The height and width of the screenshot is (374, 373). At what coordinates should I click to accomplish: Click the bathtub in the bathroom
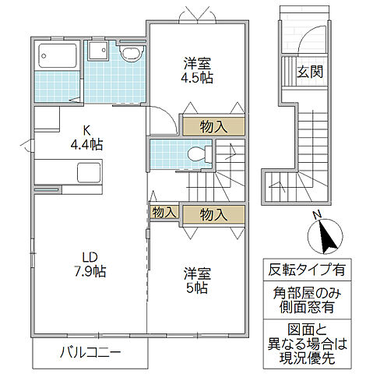(58, 55)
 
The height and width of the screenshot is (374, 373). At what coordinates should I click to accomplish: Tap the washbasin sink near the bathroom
(132, 54)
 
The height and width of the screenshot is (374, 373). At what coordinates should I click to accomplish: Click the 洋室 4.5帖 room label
(197, 70)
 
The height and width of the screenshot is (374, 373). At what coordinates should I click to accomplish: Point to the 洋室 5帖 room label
(197, 280)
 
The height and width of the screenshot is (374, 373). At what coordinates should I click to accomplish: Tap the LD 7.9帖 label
(90, 264)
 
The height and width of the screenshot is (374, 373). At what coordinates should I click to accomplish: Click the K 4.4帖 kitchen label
(86, 138)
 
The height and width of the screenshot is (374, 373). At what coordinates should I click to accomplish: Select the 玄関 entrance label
(310, 72)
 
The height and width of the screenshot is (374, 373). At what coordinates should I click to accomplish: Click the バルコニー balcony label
(90, 352)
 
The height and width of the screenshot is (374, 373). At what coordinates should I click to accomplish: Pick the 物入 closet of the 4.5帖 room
(213, 126)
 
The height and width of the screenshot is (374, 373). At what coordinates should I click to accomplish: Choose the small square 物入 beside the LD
(164, 213)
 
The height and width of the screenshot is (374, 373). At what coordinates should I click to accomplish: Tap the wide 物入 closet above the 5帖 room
(213, 214)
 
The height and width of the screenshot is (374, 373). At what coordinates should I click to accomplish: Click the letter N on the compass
(317, 215)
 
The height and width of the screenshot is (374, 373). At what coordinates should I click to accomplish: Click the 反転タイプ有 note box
(307, 270)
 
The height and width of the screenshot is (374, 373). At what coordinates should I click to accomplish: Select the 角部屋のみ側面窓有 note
(307, 300)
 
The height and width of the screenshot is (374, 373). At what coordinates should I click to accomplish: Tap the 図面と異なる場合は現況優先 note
(307, 344)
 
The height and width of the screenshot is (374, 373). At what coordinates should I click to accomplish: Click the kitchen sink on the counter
(89, 173)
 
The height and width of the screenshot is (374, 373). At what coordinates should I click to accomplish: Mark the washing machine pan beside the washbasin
(98, 51)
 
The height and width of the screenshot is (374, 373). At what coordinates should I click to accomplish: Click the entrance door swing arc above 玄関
(309, 37)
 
